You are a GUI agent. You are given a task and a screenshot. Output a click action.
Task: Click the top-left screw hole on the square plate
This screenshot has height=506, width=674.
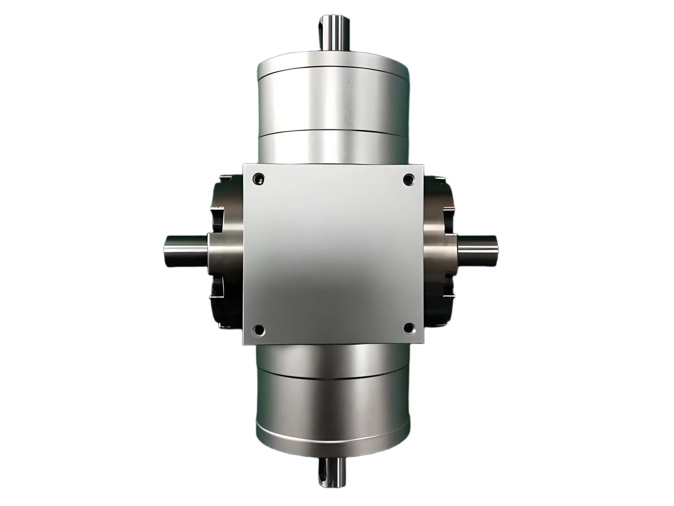click(258, 179)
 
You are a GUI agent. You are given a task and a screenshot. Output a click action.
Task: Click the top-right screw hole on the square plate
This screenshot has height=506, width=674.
click(408, 179)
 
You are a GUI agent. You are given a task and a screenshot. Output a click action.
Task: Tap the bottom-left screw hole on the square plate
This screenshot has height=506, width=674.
click(258, 330)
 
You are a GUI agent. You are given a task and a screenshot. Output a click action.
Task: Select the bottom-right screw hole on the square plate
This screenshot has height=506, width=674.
click(409, 329)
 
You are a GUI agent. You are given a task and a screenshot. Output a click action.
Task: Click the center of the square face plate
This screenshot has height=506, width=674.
click(333, 254)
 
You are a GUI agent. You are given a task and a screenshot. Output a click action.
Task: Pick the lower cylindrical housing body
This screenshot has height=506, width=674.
click(333, 399)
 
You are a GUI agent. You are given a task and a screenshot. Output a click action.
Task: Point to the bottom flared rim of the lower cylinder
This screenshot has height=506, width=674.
click(333, 444)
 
